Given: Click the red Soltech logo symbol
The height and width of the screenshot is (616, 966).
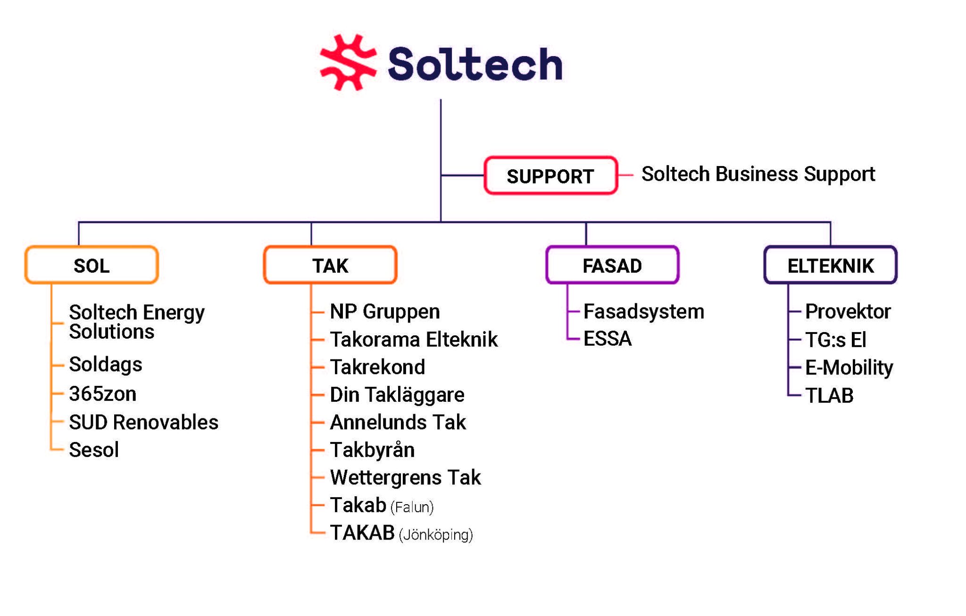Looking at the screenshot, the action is click(x=348, y=62).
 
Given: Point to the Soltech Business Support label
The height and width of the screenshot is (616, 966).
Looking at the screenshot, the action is click(x=758, y=175).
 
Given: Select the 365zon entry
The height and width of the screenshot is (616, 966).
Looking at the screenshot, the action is click(x=103, y=394).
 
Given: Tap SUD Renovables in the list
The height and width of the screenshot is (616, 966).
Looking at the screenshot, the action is click(x=144, y=422).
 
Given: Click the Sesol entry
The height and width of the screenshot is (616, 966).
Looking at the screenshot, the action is click(x=94, y=450).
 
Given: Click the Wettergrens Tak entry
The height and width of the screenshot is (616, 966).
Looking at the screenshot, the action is click(x=406, y=478).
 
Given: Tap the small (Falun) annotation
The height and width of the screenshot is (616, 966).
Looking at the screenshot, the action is click(x=412, y=508).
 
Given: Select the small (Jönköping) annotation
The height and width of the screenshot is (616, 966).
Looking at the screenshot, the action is click(x=436, y=535).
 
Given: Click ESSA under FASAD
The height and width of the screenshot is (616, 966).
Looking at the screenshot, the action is click(x=608, y=339).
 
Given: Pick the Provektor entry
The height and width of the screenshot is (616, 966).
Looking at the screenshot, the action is click(x=848, y=311).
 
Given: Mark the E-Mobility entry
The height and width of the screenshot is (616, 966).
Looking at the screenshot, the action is click(x=849, y=368).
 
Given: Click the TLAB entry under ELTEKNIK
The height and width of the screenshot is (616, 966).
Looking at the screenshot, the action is click(x=829, y=396).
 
